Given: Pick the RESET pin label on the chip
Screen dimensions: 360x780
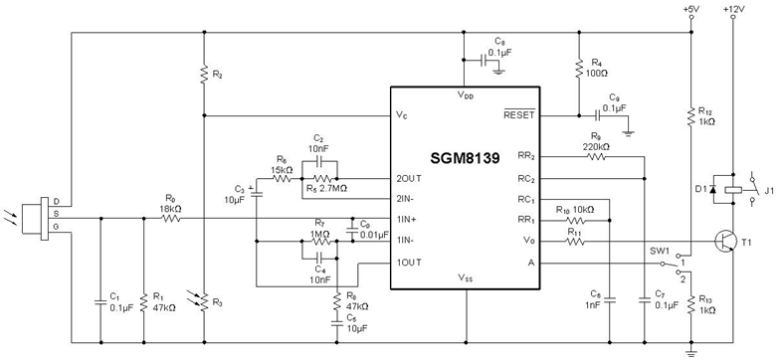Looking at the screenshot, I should click(x=518, y=114).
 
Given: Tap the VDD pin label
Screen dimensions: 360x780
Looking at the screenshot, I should click(x=465, y=95).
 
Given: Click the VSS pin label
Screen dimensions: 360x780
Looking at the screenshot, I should click(x=465, y=278).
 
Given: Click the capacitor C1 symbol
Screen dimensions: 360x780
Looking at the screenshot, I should click(x=99, y=298).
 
